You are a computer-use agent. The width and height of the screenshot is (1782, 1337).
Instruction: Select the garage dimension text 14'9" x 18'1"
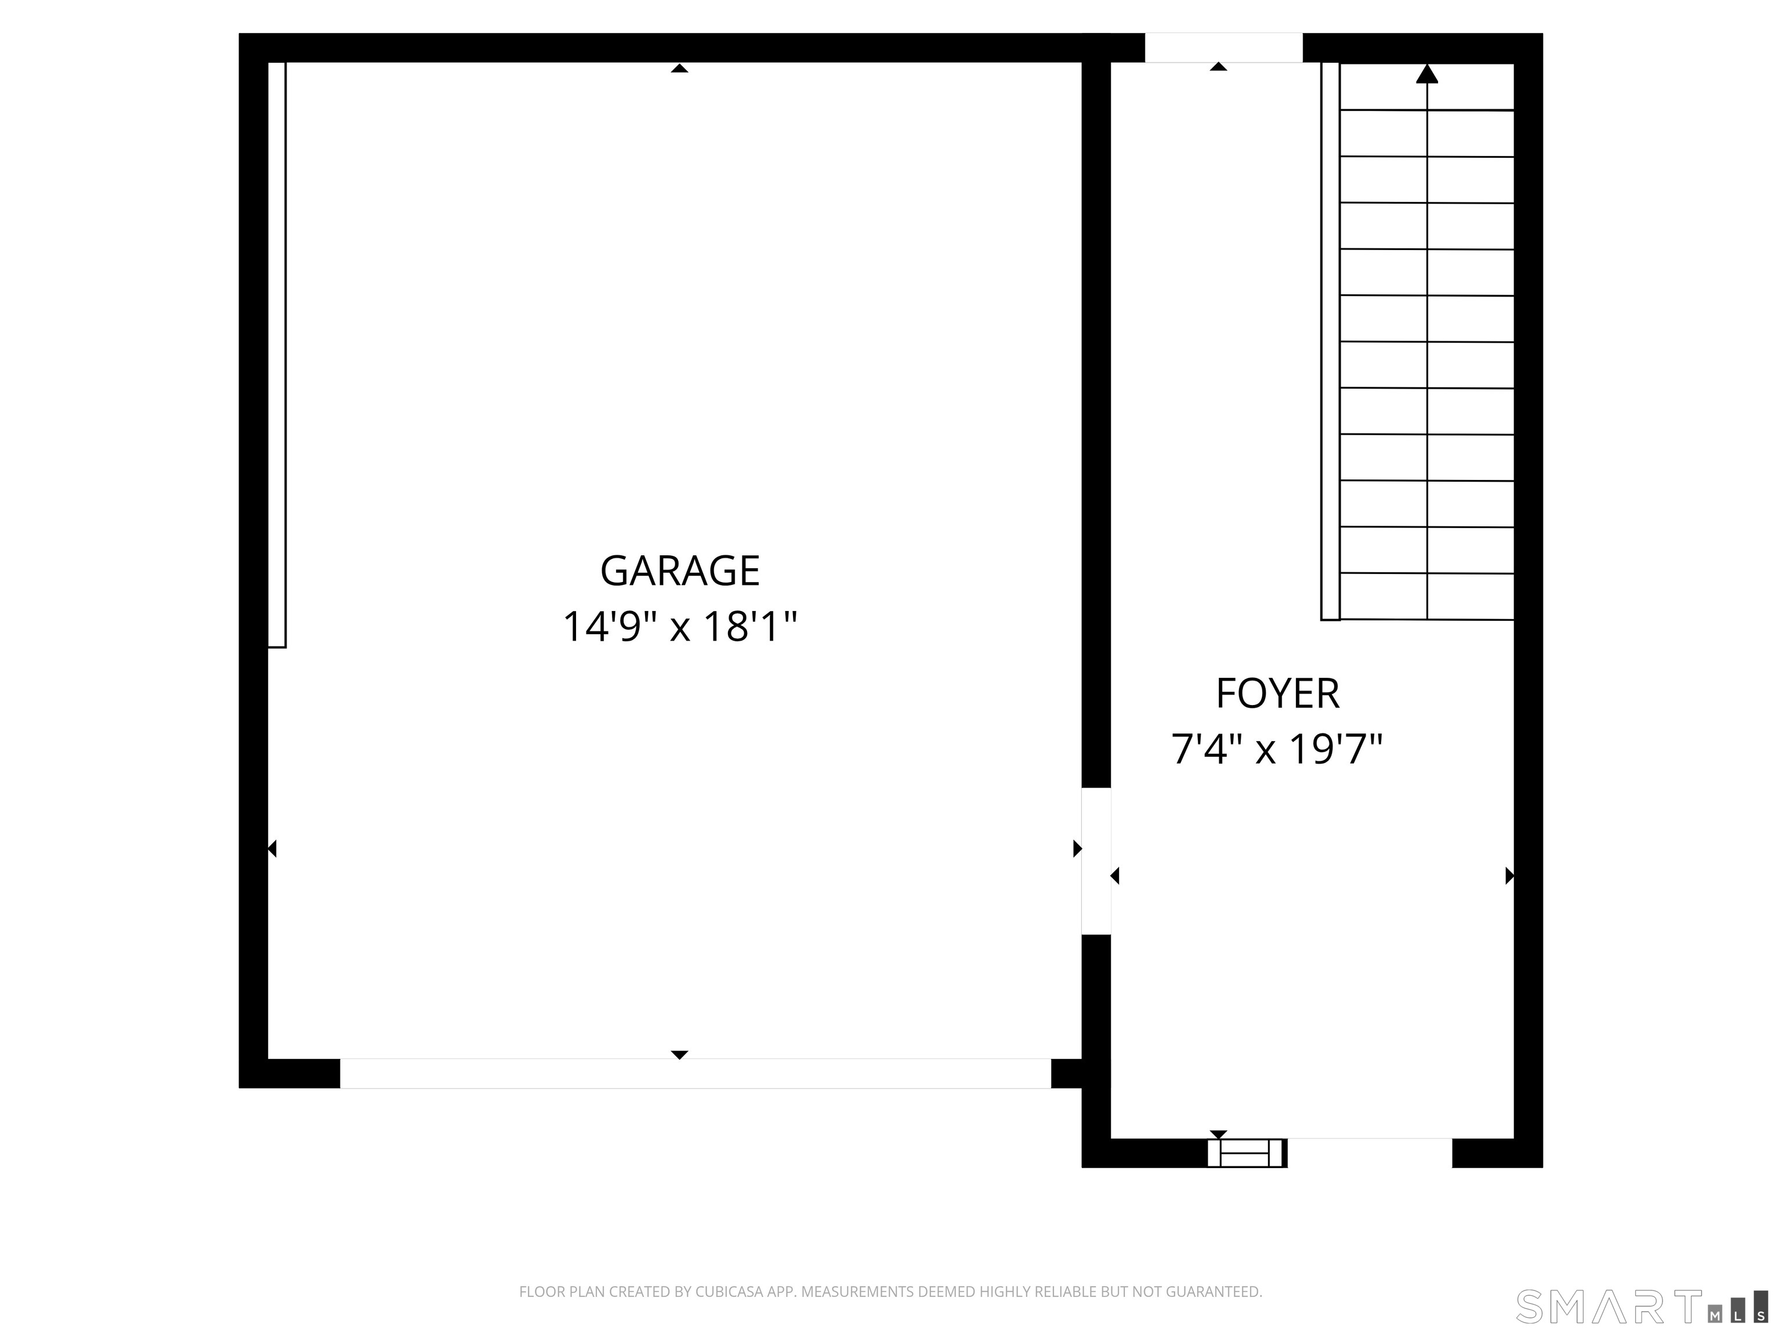point(680,627)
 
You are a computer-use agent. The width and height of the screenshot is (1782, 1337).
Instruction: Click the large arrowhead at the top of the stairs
point(1427,74)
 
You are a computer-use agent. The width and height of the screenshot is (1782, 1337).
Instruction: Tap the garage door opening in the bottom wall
point(696,1074)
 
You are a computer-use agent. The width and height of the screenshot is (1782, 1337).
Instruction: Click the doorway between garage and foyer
point(1096,861)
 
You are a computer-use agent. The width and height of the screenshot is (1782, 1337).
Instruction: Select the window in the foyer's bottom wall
point(1246,1153)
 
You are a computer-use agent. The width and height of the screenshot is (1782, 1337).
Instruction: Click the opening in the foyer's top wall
point(1223,48)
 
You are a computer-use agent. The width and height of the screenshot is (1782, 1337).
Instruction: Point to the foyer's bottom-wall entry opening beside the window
point(1370,1152)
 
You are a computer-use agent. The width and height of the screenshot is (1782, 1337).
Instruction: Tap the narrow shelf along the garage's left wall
point(276,355)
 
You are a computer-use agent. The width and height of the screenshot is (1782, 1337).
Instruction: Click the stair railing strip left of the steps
point(1330,341)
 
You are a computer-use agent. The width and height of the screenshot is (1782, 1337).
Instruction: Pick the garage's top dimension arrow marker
point(679,68)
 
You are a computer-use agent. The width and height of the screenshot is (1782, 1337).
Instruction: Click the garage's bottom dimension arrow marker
point(679,1055)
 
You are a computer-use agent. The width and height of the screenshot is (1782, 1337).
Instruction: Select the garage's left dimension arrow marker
point(272,848)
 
